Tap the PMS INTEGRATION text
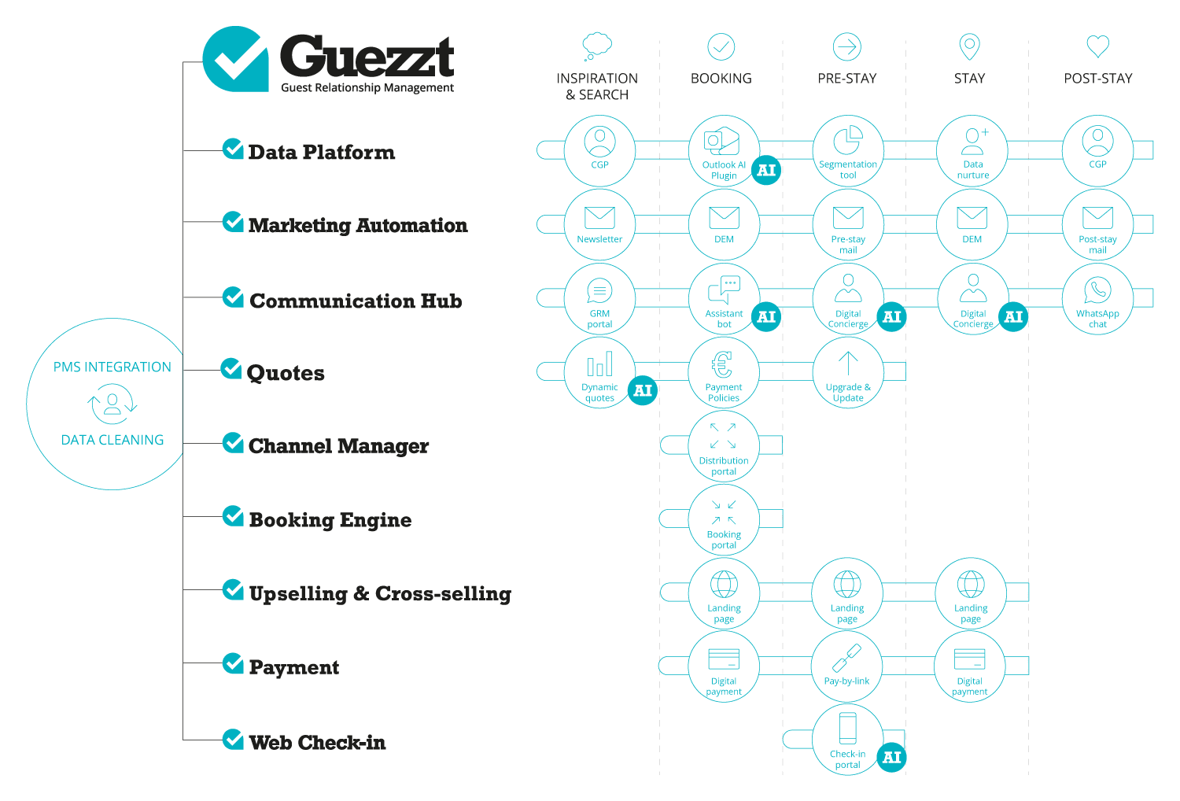(x=112, y=367)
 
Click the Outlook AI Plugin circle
(x=724, y=151)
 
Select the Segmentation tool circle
(x=847, y=151)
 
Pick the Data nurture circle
(x=972, y=151)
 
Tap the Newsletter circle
(x=599, y=224)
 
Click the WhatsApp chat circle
(x=1097, y=299)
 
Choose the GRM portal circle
(x=599, y=299)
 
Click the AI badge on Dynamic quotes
(x=643, y=390)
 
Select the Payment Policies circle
(x=724, y=372)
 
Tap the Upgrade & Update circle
(x=847, y=372)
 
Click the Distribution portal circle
(x=724, y=446)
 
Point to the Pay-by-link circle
(x=847, y=666)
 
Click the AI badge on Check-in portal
(x=891, y=757)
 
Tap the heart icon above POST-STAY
(x=1097, y=46)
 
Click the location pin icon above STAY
(x=969, y=46)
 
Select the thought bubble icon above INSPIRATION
(x=597, y=46)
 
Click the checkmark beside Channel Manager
(x=232, y=443)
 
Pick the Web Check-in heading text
(x=317, y=742)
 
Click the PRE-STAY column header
(x=847, y=79)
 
